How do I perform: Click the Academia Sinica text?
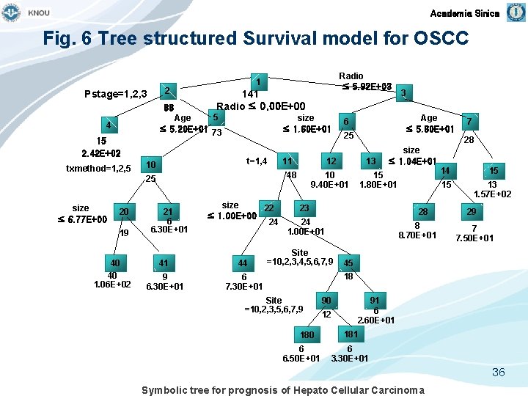pyautogui.click(x=465, y=13)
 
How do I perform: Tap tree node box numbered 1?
pyautogui.click(x=259, y=81)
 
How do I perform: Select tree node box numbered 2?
pyautogui.click(x=168, y=91)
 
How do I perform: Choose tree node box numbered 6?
pyautogui.click(x=346, y=122)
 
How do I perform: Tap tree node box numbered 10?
pyautogui.click(x=150, y=164)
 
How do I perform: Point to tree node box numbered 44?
pyautogui.click(x=242, y=263)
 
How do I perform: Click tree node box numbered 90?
pyautogui.click(x=326, y=301)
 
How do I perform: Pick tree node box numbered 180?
pyautogui.click(x=307, y=335)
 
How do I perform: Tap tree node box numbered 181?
pyautogui.click(x=351, y=334)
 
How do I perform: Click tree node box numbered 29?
pyautogui.click(x=472, y=211)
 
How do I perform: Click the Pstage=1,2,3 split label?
pyautogui.click(x=116, y=93)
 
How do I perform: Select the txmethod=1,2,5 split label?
pyautogui.click(x=98, y=169)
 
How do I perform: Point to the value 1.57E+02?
pyautogui.click(x=493, y=194)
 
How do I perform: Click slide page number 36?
pyautogui.click(x=498, y=373)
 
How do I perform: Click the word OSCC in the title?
pyautogui.click(x=438, y=38)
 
